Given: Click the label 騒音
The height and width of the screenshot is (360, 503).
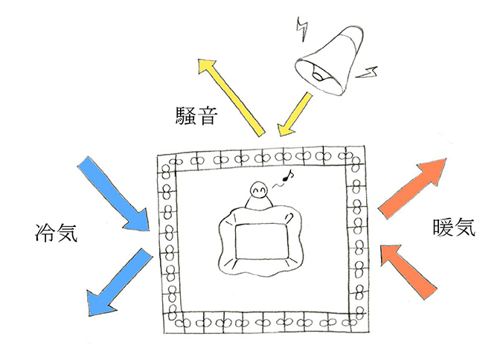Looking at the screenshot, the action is pyautogui.click(x=196, y=116).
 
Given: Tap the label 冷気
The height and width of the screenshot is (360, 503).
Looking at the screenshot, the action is pyautogui.click(x=56, y=232).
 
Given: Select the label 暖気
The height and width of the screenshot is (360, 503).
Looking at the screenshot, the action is pyautogui.click(x=454, y=227).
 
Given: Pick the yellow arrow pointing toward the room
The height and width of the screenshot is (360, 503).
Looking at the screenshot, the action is pyautogui.click(x=295, y=115).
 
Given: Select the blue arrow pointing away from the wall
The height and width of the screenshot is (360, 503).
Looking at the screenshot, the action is pyautogui.click(x=119, y=282).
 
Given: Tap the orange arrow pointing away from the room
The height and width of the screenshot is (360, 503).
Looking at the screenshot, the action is pyautogui.click(x=412, y=188).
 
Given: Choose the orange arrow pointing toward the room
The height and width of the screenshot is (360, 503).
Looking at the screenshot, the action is pyautogui.click(x=409, y=271).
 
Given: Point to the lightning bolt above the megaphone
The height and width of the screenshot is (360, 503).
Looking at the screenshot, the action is pyautogui.click(x=302, y=30).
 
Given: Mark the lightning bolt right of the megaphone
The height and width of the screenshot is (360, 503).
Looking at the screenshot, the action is pyautogui.click(x=367, y=73).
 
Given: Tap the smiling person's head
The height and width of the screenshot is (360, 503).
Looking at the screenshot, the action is pyautogui.click(x=258, y=190).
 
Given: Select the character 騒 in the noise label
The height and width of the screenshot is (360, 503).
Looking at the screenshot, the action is pyautogui.click(x=186, y=116).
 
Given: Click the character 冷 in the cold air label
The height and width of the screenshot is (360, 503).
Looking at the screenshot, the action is pyautogui.click(x=45, y=232).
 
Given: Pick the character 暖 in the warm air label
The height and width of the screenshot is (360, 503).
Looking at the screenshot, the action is pyautogui.click(x=443, y=227).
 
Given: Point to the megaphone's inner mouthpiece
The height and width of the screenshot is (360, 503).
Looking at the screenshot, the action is pyautogui.click(x=318, y=75).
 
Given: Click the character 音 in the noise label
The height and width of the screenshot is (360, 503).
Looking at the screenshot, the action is pyautogui.click(x=208, y=116).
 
